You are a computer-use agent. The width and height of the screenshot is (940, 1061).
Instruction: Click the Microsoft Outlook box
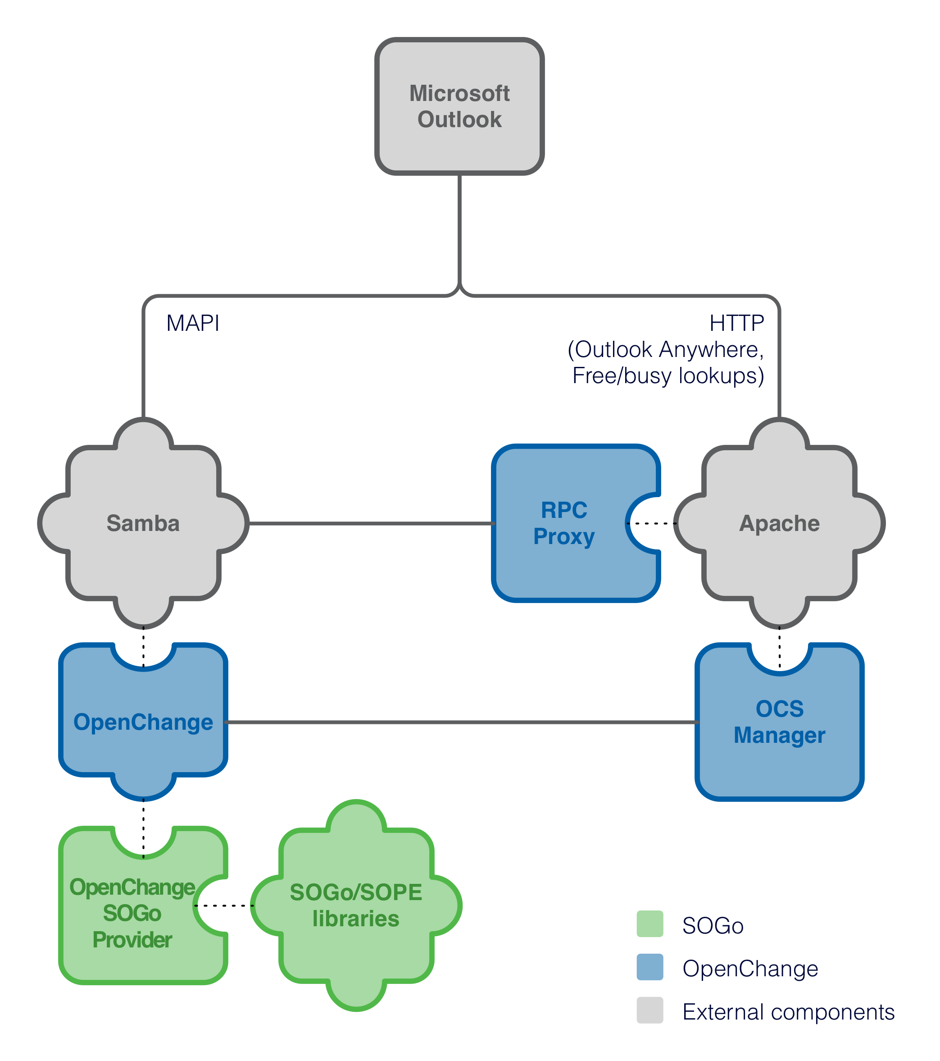click(x=459, y=106)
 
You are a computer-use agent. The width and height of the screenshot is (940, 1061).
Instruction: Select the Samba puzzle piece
click(x=143, y=523)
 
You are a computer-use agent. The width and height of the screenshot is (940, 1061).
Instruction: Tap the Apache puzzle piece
click(x=780, y=523)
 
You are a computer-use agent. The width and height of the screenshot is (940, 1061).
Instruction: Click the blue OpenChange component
click(x=143, y=722)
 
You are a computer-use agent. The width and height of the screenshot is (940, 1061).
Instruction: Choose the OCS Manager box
click(x=780, y=722)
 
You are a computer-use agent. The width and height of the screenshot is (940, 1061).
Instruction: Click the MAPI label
click(x=193, y=323)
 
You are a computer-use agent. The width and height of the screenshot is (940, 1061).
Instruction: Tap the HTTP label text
click(x=737, y=323)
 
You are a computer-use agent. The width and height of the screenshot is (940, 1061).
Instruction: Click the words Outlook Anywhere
click(x=669, y=349)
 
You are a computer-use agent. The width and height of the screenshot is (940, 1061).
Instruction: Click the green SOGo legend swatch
click(x=650, y=924)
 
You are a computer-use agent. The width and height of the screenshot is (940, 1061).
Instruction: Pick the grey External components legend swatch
click(x=650, y=1010)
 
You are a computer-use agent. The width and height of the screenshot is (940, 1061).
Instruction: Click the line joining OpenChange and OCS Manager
click(x=462, y=722)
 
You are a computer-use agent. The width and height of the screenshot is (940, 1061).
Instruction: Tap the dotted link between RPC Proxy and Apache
click(x=652, y=523)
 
